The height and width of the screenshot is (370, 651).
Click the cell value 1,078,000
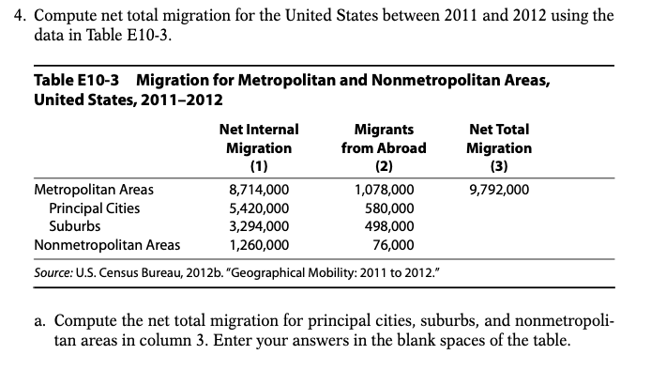pos(383,189)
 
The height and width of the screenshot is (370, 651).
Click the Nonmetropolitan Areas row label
pos(107,245)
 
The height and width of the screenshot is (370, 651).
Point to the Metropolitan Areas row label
pos(93,189)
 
